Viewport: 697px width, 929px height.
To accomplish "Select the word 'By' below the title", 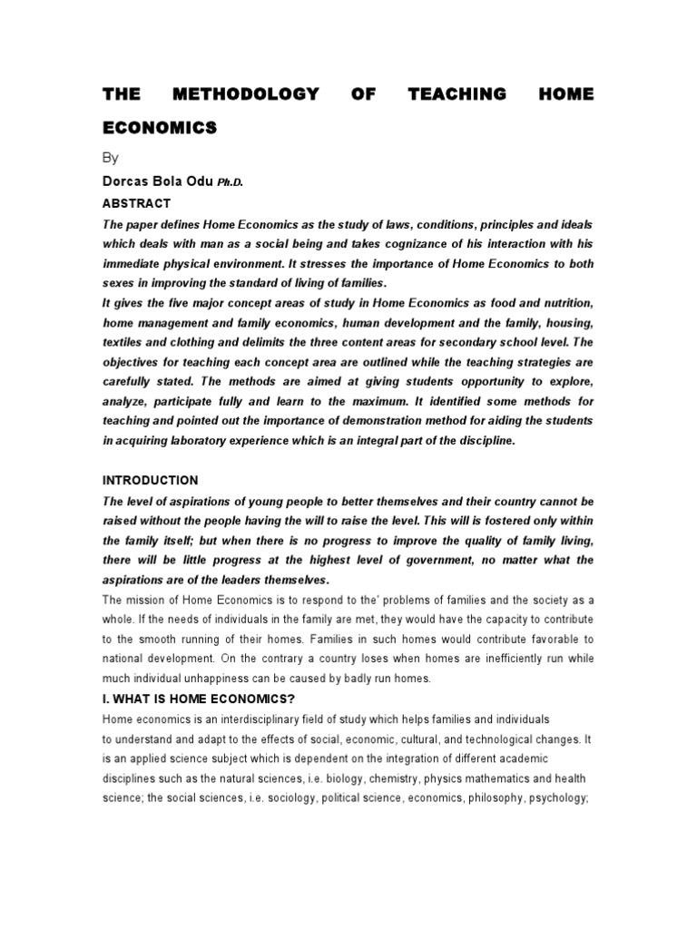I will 110,157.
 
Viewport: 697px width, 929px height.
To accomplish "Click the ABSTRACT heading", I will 136,203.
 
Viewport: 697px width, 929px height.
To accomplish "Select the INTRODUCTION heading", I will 150,480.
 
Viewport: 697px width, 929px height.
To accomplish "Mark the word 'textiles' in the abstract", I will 125,342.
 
